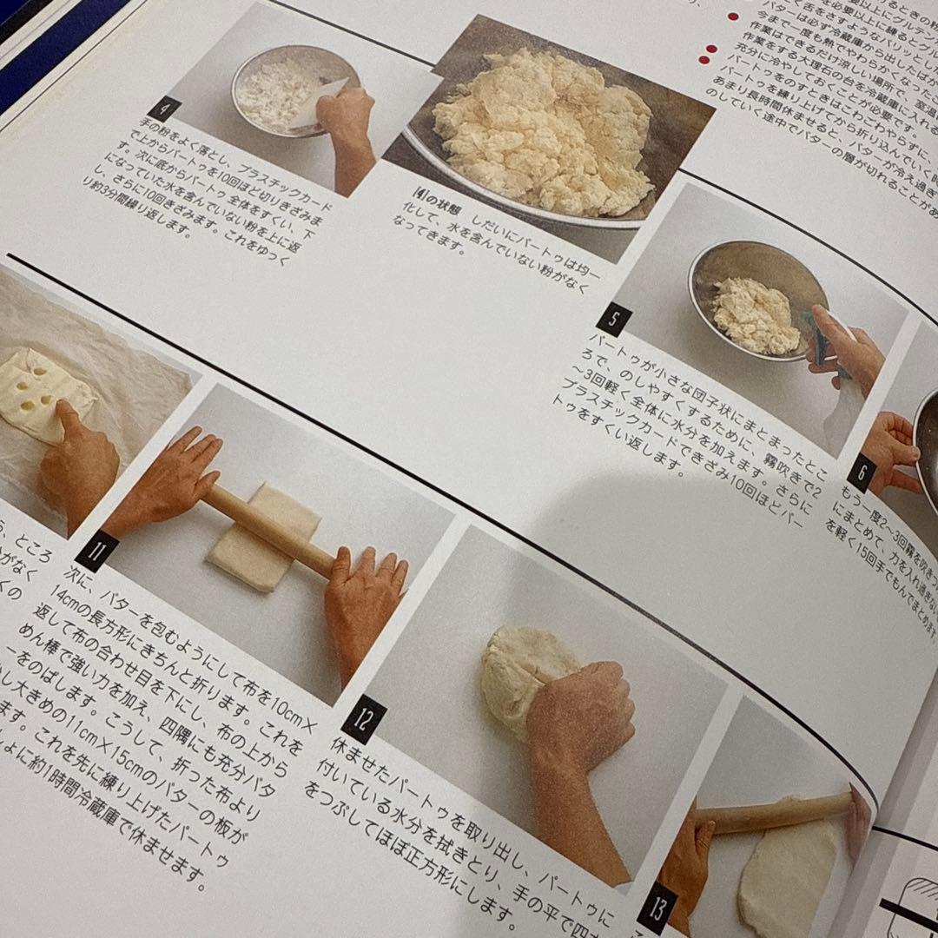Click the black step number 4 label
(x=163, y=110)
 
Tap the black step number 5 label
(x=613, y=320)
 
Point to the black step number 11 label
(x=96, y=551)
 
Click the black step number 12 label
(x=364, y=718)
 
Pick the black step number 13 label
(x=655, y=907)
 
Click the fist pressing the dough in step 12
(x=582, y=712)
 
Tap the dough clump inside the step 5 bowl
(x=754, y=314)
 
